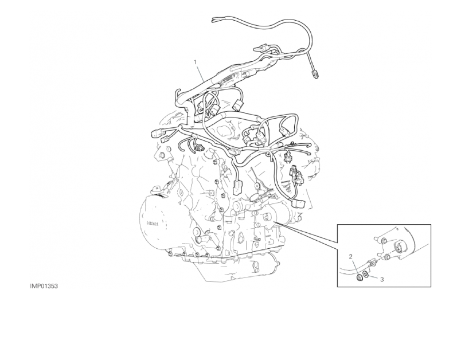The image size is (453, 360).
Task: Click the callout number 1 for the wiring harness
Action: pyautogui.click(x=196, y=62)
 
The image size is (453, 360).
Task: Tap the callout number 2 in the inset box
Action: pyautogui.click(x=351, y=257)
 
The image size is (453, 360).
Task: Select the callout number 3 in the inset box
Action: pyautogui.click(x=382, y=279)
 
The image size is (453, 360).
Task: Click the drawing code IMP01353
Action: pyautogui.click(x=44, y=286)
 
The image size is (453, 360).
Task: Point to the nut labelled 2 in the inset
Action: pyautogui.click(x=360, y=278)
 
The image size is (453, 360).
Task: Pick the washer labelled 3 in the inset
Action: pyautogui.click(x=365, y=274)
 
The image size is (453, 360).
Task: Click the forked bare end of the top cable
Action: pyautogui.click(x=214, y=19)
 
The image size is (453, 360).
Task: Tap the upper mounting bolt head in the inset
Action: pyautogui.click(x=384, y=241)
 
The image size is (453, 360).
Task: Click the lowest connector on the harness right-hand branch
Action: pyautogui.click(x=297, y=204)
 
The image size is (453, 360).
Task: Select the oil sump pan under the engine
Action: pyautogui.click(x=231, y=267)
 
